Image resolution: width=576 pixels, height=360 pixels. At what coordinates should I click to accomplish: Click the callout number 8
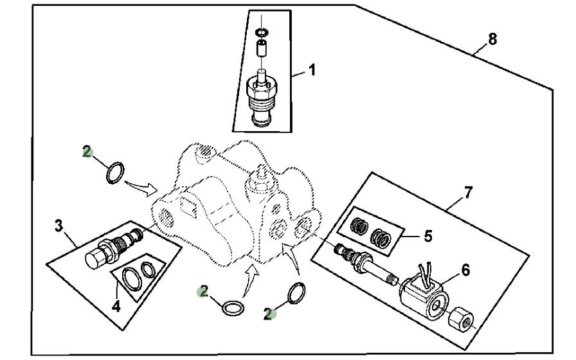pyautogui.click(x=492, y=40)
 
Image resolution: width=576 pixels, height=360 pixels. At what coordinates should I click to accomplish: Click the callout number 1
pyautogui.click(x=312, y=70)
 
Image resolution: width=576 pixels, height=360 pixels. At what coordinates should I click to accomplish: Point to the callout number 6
pyautogui.click(x=465, y=271)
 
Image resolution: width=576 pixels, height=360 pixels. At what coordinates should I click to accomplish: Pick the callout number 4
pyautogui.click(x=116, y=306)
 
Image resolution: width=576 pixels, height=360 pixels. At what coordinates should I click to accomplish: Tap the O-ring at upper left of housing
pyautogui.click(x=115, y=172)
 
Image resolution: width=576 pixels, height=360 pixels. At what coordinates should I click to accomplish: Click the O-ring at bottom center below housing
pyautogui.click(x=233, y=307)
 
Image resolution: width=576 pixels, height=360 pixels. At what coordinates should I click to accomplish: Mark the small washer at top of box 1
pyautogui.click(x=261, y=32)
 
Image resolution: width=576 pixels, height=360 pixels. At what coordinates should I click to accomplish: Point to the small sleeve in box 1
pyautogui.click(x=262, y=49)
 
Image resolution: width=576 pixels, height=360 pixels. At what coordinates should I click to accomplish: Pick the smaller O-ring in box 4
pyautogui.click(x=148, y=269)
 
